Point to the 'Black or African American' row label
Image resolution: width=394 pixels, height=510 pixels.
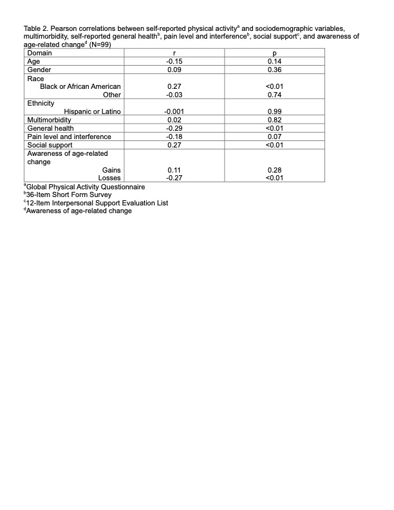click(x=80, y=86)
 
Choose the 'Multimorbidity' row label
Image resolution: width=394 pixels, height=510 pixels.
click(x=49, y=120)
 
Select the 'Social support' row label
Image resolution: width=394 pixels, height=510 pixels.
click(x=49, y=145)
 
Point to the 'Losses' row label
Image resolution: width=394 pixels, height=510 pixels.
click(x=109, y=178)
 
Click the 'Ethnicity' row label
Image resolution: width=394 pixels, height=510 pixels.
click(x=41, y=103)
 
